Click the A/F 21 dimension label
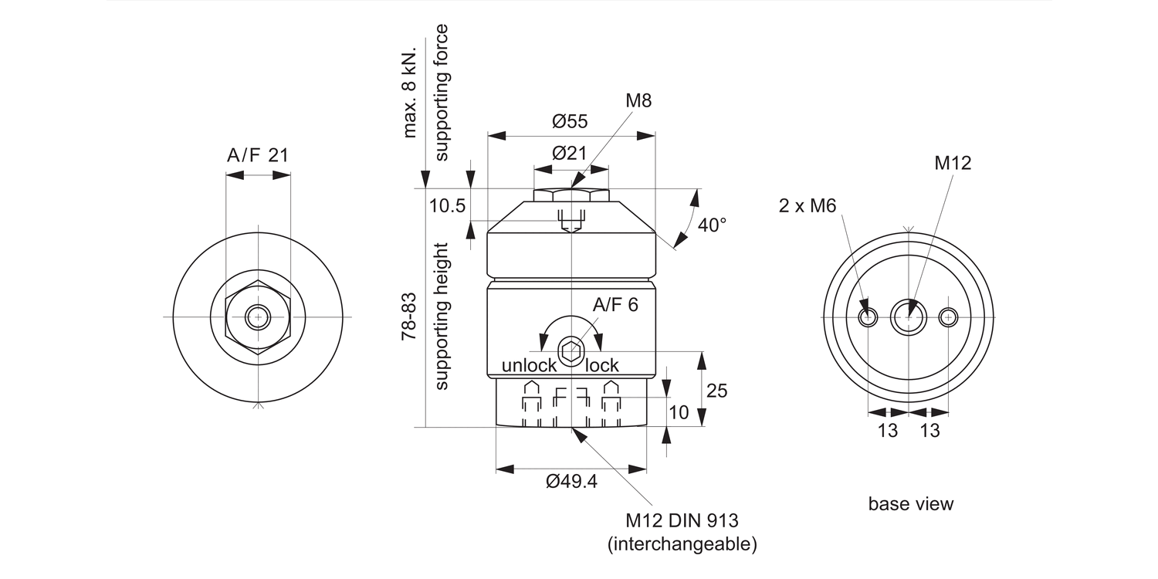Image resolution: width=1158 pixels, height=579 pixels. tap(257, 154)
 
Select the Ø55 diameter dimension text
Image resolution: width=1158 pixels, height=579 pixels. tap(570, 121)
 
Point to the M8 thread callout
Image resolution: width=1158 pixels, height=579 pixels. tap(638, 101)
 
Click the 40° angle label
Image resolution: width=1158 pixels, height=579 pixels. tap(712, 225)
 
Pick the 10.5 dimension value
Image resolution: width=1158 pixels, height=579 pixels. tap(447, 206)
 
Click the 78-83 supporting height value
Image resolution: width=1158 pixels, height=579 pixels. tap(408, 317)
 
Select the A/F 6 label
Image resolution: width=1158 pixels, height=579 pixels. tap(615, 304)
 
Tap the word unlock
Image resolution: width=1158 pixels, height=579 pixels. tap(529, 365)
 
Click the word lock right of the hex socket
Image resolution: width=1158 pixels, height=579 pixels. tap(601, 365)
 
